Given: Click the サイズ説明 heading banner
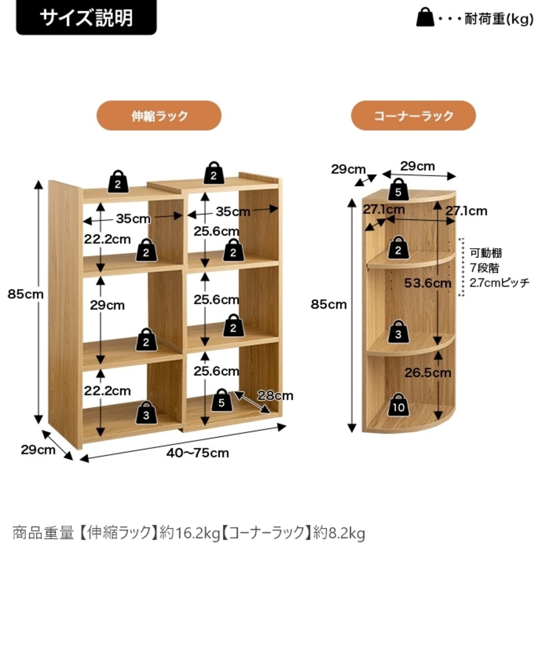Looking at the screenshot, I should coord(86,17).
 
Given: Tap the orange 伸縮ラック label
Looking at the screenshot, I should coord(159,116).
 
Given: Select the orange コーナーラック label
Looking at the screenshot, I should coord(413,116).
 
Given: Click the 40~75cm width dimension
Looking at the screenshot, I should coord(197,453).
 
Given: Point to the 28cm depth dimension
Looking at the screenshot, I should coord(275,396).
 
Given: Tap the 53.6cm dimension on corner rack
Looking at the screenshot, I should coord(427,283).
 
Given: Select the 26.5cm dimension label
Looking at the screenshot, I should coord(428,373).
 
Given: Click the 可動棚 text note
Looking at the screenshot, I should coord(486,253).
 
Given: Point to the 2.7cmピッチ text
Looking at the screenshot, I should coord(499,283).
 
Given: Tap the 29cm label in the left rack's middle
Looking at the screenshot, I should coord(107,305).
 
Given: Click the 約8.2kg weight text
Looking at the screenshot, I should coord(339,533).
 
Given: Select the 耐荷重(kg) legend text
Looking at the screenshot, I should coord(499,19).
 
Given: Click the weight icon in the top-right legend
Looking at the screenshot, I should coord(425,18).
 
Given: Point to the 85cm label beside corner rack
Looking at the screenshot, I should coord(329,304).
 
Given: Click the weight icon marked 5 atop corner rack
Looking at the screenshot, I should coord(398,189).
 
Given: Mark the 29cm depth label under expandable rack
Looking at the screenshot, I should coord(38,449).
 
